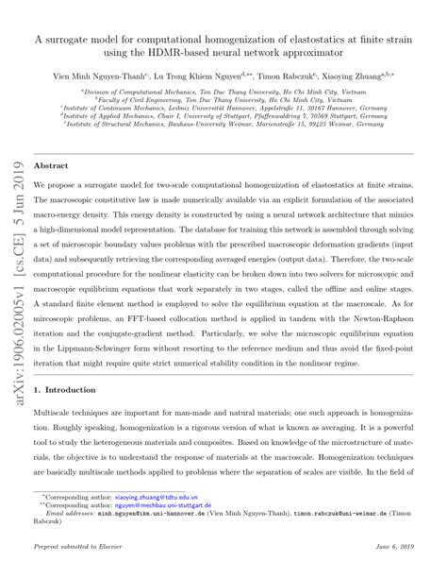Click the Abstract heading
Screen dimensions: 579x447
pyautogui.click(x=50, y=163)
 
